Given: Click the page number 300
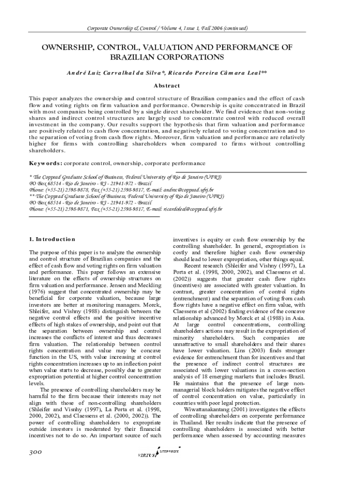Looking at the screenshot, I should click(x=36, y=452).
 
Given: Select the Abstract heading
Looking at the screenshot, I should click(x=167, y=86).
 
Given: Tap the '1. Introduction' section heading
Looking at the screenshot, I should click(x=52, y=239).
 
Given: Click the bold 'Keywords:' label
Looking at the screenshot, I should click(x=45, y=163).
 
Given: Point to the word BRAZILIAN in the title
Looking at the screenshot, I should click(x=131, y=57).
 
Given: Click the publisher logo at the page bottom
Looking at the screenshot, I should click(x=159, y=454).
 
